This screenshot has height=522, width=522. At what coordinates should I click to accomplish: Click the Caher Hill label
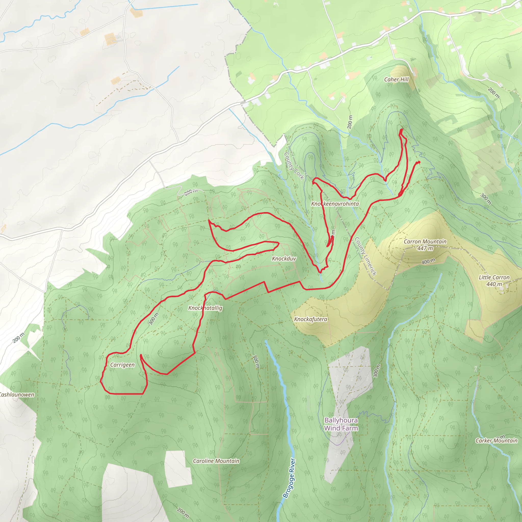pyautogui.click(x=396, y=80)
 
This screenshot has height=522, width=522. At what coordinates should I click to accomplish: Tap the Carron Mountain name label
pyautogui.click(x=425, y=242)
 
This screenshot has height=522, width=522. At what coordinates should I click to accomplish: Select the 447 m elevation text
pyautogui.click(x=425, y=248)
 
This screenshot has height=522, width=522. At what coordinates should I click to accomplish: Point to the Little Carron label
pyautogui.click(x=494, y=277)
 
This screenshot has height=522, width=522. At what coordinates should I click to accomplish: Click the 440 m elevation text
pyautogui.click(x=494, y=284)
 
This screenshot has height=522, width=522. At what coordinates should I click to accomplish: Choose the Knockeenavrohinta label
pyautogui.click(x=335, y=204)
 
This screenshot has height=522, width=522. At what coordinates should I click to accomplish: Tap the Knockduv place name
pyautogui.click(x=284, y=258)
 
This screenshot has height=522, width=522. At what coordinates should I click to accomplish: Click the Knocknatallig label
pyautogui.click(x=205, y=308)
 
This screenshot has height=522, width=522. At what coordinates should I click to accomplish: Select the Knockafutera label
pyautogui.click(x=311, y=319)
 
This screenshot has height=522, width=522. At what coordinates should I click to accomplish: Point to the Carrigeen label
pyautogui.click(x=122, y=365)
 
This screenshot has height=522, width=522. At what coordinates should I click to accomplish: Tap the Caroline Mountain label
pyautogui.click(x=216, y=461)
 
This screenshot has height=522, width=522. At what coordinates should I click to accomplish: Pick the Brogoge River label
pyautogui.click(x=289, y=478)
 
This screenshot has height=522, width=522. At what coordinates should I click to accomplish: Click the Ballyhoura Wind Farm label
pyautogui.click(x=341, y=424)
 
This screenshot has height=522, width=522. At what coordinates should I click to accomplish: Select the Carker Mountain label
pyautogui.click(x=497, y=441)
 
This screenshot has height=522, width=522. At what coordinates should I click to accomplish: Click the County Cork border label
pyautogui.click(x=294, y=166)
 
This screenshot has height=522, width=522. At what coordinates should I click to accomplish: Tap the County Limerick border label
pyautogui.click(x=366, y=256)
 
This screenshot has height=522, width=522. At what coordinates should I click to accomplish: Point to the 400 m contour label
pyautogui.click(x=428, y=261)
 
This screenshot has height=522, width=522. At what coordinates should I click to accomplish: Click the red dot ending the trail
pyautogui.click(x=419, y=162)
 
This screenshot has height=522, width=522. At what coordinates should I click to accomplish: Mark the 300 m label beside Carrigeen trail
pyautogui.click(x=153, y=319)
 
